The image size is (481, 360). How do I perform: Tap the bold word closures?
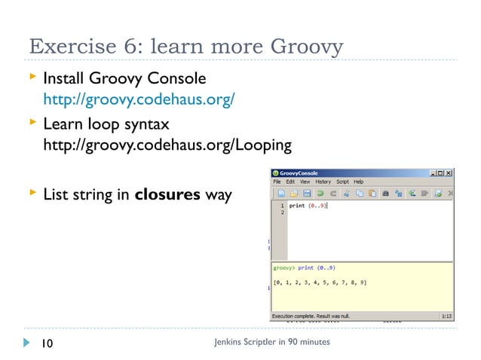click(x=167, y=195)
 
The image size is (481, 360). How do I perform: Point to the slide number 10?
click(x=47, y=343)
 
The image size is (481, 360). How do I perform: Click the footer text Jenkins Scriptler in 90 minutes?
click(x=272, y=343)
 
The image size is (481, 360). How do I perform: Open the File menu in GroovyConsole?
click(x=277, y=182)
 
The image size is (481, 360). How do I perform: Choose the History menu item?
click(x=322, y=182)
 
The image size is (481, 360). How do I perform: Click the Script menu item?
click(x=342, y=182)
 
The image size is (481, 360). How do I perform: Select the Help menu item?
click(x=359, y=182)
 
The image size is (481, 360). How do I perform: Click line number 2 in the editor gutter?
click(x=282, y=213)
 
